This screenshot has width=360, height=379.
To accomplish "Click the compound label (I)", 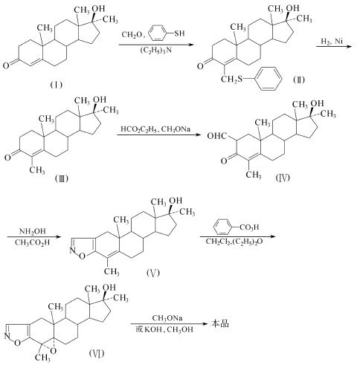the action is coord(56,85).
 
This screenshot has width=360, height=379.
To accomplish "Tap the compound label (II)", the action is coord(299,80).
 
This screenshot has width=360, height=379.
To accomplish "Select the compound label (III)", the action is coord(61,178).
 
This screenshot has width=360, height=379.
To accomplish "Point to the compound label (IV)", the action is coord(283,178).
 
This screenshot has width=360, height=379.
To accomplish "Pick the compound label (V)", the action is coord(153,273).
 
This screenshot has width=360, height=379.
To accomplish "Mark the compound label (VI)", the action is coord(97,353).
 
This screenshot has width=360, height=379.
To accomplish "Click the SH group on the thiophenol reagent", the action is coord(179,33).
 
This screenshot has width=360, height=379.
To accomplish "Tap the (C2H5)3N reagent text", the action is coord(156,51).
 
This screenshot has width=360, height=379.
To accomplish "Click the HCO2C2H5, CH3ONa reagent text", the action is coord(155,129).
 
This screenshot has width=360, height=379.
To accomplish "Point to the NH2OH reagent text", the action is coord(33,231).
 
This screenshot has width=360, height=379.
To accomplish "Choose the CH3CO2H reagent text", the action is coord(32,242).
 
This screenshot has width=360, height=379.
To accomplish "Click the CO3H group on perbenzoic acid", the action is coord(249,227).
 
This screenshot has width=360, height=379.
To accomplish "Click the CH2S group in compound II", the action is coord(231,79).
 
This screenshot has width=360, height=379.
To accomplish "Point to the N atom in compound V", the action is coord(72,250).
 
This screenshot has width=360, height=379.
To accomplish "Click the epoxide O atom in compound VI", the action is coord(53,351).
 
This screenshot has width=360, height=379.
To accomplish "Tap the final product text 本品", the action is coord(220,323).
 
